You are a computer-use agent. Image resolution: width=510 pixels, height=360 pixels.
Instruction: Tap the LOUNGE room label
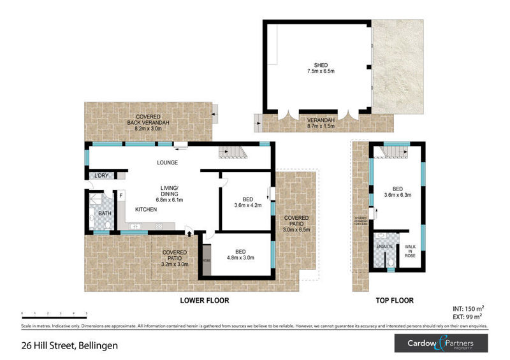point(168,162)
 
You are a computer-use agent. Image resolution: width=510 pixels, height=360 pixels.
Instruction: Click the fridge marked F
point(120,196)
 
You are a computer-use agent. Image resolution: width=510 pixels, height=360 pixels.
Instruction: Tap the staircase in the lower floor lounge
point(231,152)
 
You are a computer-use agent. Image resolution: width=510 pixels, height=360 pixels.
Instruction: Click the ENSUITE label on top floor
point(385,245)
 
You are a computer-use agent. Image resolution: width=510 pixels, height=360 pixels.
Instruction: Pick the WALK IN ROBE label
point(411,252)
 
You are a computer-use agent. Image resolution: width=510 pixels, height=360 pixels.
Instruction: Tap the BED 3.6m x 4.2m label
point(245,202)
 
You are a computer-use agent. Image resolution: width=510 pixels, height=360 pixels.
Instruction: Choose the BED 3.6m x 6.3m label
point(397,192)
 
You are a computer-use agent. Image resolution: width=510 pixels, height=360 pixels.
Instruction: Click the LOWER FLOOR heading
point(204,300)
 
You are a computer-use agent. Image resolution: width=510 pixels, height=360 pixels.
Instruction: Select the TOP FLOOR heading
point(395,300)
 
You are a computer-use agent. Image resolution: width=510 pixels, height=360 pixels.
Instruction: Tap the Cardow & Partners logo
point(440,345)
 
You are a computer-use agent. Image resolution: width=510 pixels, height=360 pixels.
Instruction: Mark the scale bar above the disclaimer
point(54,314)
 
